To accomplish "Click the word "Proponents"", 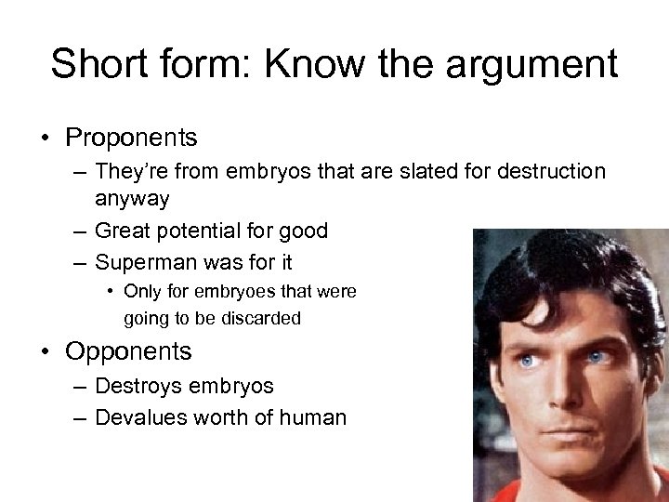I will click(131, 138).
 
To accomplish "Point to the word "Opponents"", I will click(128, 351).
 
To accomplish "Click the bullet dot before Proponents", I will click(44, 139).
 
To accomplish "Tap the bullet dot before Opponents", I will click(44, 352).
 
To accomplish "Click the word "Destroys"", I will click(138, 386).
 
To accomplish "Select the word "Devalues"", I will click(142, 417).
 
